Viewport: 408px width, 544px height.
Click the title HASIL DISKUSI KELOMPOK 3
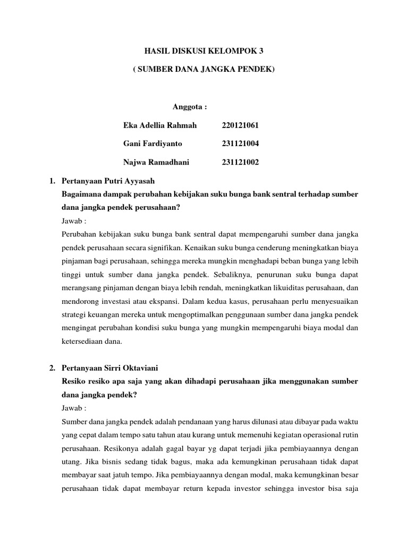click(204, 51)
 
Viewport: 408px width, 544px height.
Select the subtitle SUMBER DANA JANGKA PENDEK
click(204, 70)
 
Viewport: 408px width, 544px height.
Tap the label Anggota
click(190, 106)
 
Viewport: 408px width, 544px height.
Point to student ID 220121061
click(240, 125)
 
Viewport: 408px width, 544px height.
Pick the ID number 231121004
click(240, 144)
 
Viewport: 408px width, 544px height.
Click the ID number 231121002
click(240, 163)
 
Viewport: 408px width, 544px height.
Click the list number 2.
click(52, 368)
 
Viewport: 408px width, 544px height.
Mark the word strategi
click(74, 315)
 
